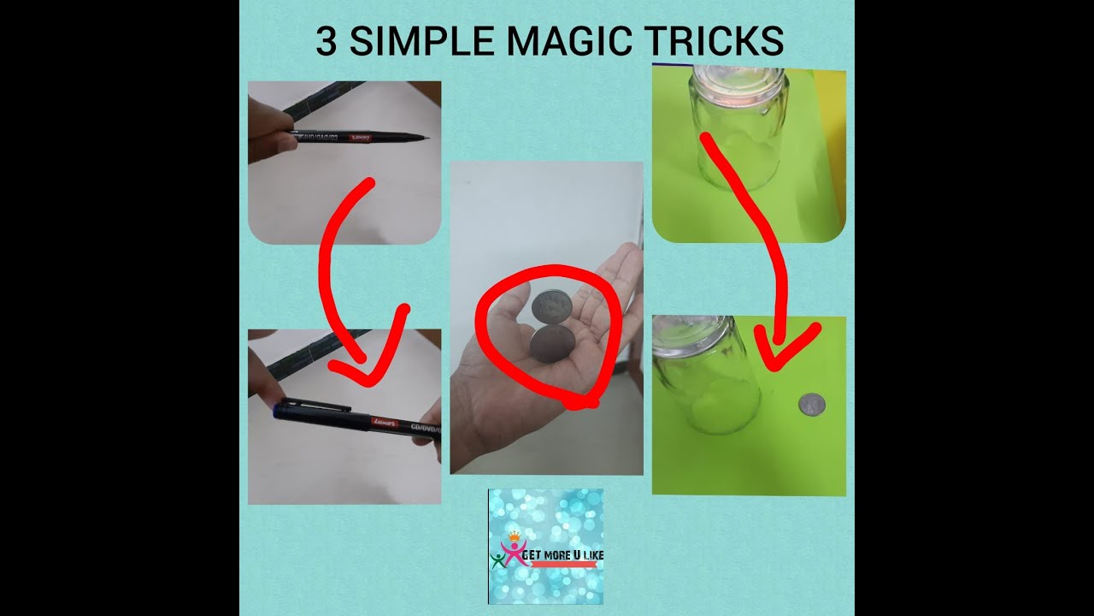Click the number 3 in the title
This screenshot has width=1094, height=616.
coord(326,41)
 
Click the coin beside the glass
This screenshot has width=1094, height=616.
coord(811,404)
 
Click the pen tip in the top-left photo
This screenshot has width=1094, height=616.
coord(423,139)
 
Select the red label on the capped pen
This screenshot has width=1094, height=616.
coord(385,422)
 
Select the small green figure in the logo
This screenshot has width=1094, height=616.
coord(498,560)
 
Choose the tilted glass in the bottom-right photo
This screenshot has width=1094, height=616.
coord(705,376)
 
